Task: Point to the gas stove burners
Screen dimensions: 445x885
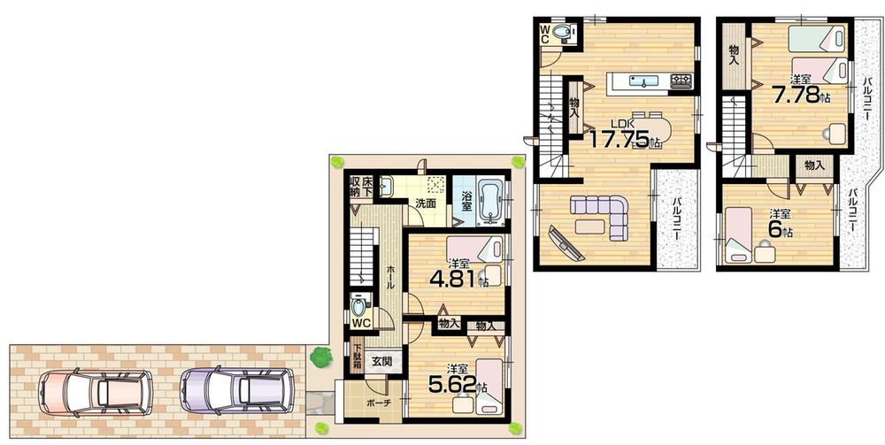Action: (681, 82)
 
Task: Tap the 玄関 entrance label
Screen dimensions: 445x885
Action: (382, 361)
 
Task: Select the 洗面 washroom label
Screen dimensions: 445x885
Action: (427, 203)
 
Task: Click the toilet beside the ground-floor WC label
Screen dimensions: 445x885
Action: (358, 306)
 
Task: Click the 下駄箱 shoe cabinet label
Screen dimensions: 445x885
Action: (357, 356)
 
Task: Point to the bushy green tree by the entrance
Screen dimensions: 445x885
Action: (320, 357)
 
